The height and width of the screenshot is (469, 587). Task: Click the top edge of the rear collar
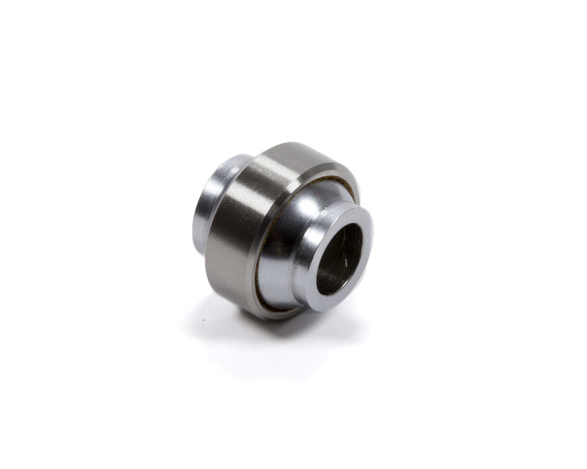point(235,156)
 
